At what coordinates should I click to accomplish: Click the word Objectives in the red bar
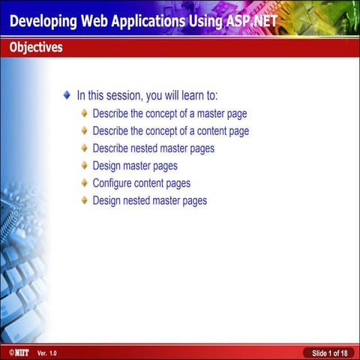point(36,48)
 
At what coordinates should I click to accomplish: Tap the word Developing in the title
point(46,20)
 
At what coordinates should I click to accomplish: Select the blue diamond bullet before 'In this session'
point(67,95)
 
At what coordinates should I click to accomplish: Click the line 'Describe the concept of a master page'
point(169,114)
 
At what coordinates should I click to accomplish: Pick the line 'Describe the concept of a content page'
point(170,131)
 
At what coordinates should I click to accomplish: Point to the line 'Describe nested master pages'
point(153,148)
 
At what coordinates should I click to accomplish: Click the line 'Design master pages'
point(135,166)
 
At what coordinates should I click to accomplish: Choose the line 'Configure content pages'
point(141,183)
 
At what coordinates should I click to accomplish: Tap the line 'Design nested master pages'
point(149,200)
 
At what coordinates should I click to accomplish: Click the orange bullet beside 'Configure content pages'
point(84,183)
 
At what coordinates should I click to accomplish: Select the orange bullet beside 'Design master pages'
point(84,166)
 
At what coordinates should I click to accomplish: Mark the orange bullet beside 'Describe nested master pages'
point(84,148)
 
